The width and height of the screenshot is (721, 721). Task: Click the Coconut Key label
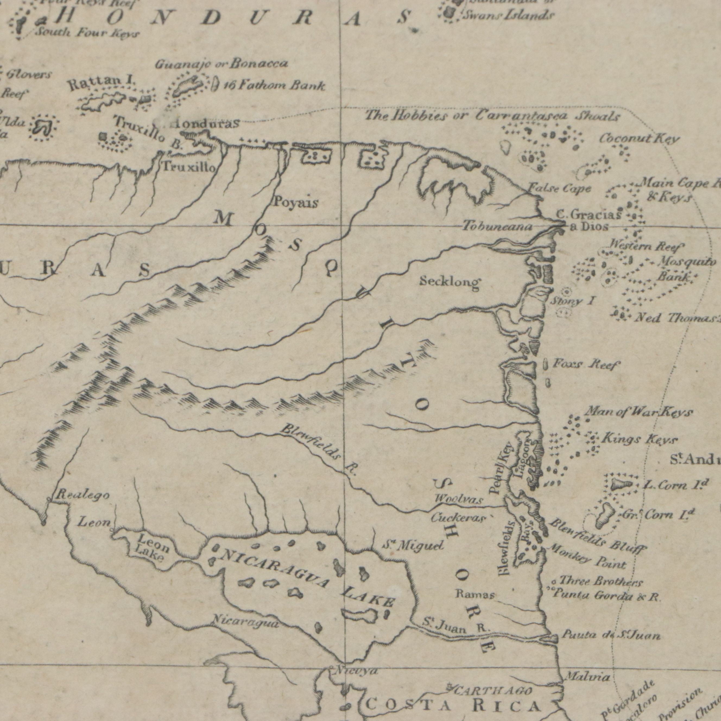639,139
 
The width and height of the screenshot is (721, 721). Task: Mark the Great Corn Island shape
604,516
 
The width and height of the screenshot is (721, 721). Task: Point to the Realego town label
83,496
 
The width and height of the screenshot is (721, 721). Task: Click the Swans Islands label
508,15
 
